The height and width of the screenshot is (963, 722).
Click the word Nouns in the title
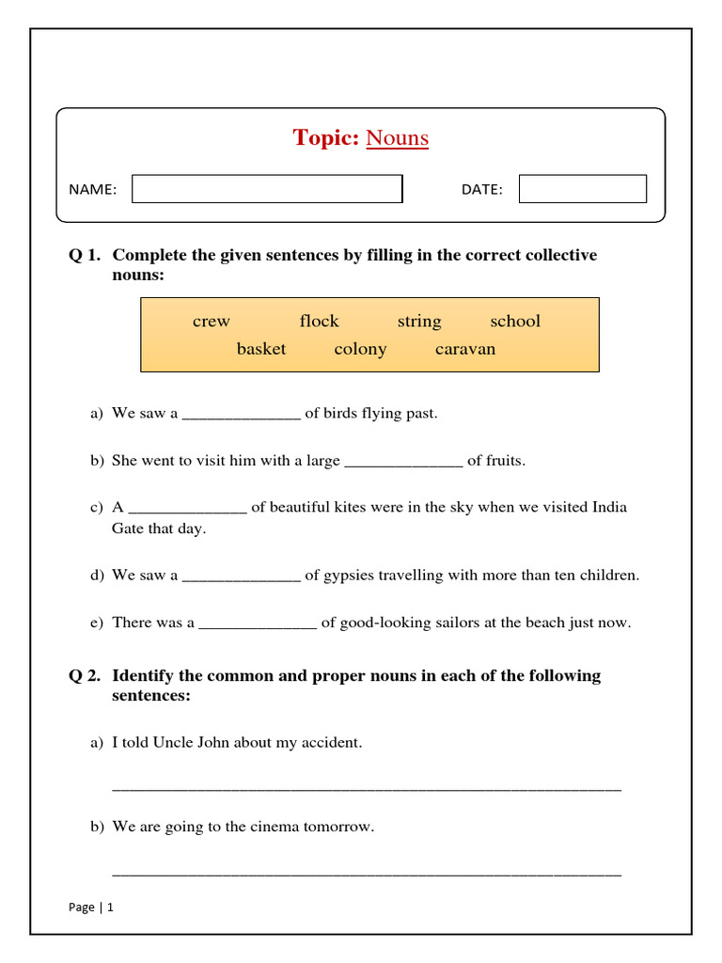[397, 138]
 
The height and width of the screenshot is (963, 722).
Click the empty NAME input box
[267, 189]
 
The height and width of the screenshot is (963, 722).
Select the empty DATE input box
[582, 189]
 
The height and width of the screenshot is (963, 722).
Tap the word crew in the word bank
[211, 322]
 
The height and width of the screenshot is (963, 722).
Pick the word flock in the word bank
[319, 322]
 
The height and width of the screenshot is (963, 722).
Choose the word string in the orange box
[418, 322]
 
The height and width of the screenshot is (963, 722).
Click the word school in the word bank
[515, 322]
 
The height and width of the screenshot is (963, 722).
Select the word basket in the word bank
[261, 349]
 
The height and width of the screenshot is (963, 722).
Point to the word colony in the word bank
[360, 349]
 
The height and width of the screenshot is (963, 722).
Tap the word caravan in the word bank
[464, 349]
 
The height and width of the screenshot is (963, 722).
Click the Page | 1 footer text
[91, 908]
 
